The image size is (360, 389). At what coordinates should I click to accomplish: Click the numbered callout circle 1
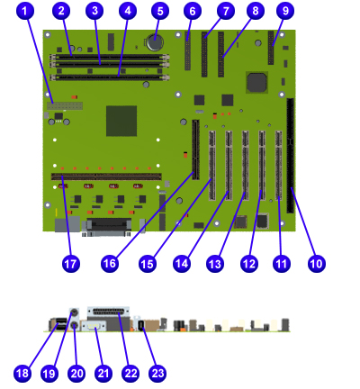[x=24, y=11]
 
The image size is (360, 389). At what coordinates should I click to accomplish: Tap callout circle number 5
[x=160, y=11]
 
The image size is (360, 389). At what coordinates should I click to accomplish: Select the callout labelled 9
[x=285, y=11]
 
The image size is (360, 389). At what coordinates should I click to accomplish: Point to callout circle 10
[x=317, y=264]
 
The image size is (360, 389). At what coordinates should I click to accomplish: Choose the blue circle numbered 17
[x=71, y=264]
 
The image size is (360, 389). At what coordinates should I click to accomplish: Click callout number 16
[x=110, y=264]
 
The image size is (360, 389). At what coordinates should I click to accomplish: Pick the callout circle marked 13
[x=215, y=264]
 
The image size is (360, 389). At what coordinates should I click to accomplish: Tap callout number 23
[x=157, y=373]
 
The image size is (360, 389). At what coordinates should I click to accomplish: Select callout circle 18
[x=22, y=373]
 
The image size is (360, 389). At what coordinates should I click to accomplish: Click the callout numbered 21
[x=103, y=373]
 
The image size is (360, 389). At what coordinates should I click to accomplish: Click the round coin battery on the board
[x=155, y=41]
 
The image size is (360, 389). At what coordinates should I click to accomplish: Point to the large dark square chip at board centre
[x=121, y=121]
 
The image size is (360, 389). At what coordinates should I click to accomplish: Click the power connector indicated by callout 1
[x=65, y=106]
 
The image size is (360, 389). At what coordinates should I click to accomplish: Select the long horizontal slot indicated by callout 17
[x=106, y=176]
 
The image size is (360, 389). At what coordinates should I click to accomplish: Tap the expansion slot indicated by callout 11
[x=279, y=166]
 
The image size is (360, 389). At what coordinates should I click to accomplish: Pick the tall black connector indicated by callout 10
[x=291, y=156]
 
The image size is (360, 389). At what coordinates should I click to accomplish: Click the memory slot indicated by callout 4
[x=110, y=77]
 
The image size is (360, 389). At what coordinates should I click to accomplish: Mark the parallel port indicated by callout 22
[x=108, y=312]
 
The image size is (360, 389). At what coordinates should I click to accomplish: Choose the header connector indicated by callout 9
[x=271, y=48]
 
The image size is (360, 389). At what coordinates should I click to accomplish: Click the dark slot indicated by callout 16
[x=195, y=149]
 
